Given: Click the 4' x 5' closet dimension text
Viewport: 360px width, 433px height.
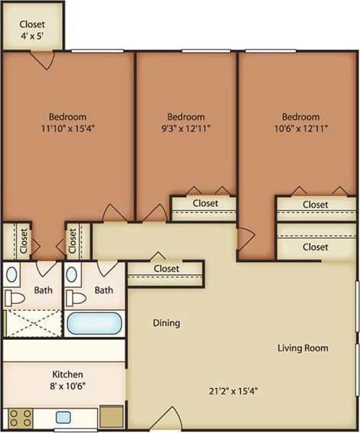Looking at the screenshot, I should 32,36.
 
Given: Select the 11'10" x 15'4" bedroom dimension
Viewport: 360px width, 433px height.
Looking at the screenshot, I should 68,129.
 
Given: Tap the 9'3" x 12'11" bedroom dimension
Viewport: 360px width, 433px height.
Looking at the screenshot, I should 186,129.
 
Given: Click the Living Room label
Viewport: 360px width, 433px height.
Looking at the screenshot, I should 303,348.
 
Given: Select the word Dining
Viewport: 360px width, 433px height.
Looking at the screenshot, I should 166,323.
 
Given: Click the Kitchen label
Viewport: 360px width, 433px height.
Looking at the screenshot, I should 67,375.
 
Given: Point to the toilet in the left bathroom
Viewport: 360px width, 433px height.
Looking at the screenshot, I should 15,296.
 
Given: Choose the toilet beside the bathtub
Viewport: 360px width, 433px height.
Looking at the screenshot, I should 76,296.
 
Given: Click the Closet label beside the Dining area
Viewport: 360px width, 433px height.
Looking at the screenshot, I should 167,269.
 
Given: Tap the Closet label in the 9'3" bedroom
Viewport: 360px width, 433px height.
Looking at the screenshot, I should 205,203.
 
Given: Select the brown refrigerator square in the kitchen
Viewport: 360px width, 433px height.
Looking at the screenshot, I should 112,417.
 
